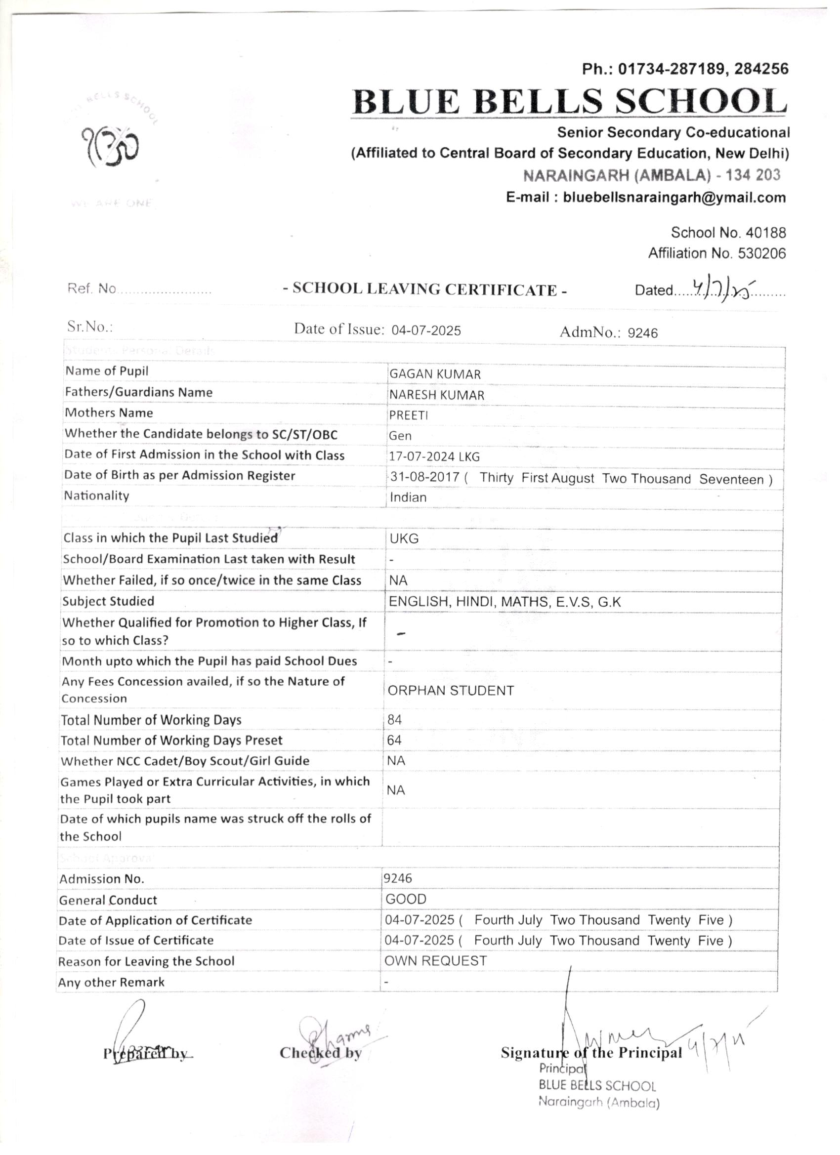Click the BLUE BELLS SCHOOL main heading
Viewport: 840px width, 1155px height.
[x=570, y=102]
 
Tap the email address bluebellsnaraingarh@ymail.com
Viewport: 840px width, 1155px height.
[x=645, y=198]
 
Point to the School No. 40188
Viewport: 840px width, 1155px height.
[x=728, y=233]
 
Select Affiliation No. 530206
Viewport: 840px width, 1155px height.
[x=717, y=253]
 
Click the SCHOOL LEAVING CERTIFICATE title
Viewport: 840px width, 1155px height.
[x=425, y=289]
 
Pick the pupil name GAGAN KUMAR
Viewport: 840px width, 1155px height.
[x=434, y=374]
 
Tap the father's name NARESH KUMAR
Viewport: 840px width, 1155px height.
[x=437, y=395]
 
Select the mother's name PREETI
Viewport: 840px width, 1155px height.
[x=409, y=415]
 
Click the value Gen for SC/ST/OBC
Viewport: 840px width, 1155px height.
[x=400, y=436]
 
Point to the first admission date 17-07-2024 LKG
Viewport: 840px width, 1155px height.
[x=434, y=457]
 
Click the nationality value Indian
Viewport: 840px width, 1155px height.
[x=408, y=497]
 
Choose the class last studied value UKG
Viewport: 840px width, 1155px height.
[x=404, y=539]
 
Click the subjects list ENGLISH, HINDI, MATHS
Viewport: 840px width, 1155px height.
[x=504, y=602]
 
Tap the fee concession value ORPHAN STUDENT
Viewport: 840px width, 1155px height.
[x=451, y=691]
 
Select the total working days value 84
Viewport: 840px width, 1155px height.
[x=394, y=720]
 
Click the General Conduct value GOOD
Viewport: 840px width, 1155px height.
[x=406, y=900]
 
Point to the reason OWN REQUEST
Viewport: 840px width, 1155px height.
[x=435, y=961]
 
